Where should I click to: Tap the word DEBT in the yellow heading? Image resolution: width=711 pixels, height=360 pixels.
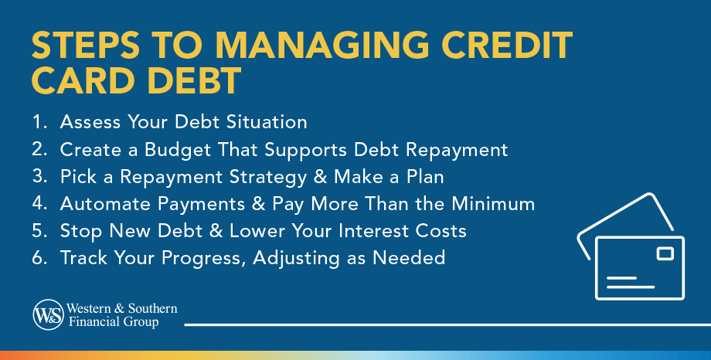pyautogui.click(x=195, y=80)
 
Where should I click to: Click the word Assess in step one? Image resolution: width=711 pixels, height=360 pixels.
pyautogui.click(x=90, y=121)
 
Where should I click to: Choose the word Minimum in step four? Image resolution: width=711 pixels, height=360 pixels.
pyautogui.click(x=493, y=204)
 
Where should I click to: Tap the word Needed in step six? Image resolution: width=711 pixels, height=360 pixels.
pyautogui.click(x=409, y=257)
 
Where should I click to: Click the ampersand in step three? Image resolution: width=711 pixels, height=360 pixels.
pyautogui.click(x=320, y=176)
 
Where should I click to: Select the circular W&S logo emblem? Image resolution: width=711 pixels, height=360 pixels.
pyautogui.click(x=48, y=314)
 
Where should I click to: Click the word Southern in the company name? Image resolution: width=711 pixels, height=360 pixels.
pyautogui.click(x=152, y=308)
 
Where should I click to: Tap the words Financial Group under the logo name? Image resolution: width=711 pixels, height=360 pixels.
pyautogui.click(x=114, y=322)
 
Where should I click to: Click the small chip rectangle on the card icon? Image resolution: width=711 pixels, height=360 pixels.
pyautogui.click(x=665, y=253)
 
